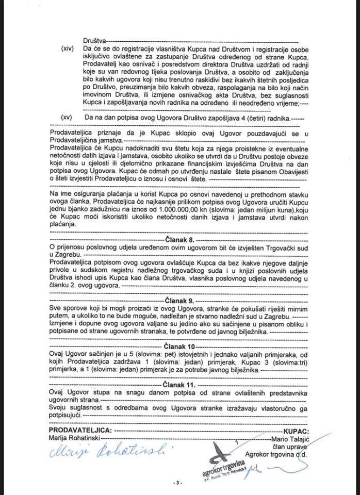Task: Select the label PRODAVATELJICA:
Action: (x=79, y=430)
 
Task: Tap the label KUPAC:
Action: (x=296, y=430)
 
